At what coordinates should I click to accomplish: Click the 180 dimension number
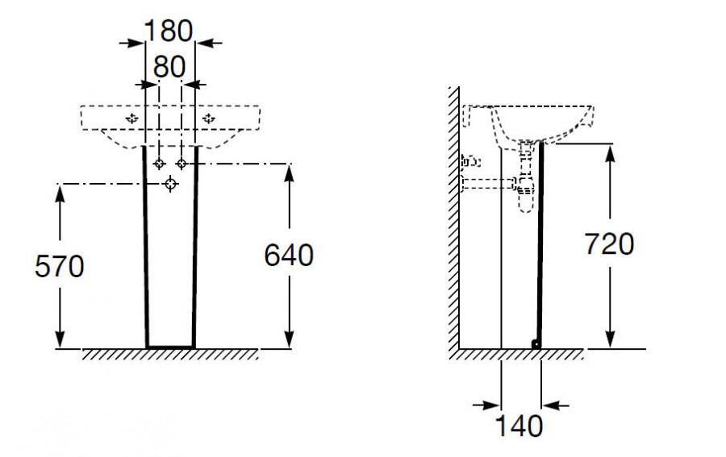click(x=168, y=31)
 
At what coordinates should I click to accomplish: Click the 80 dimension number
click(x=169, y=67)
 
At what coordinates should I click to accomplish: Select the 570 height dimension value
click(x=60, y=267)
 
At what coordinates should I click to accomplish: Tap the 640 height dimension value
click(x=289, y=255)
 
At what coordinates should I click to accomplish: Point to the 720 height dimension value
click(x=609, y=243)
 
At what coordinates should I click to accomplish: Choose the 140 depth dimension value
click(x=519, y=426)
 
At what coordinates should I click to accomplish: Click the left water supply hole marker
click(x=159, y=164)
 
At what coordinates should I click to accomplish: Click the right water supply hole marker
click(x=181, y=164)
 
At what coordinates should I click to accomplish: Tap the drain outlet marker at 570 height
click(x=171, y=184)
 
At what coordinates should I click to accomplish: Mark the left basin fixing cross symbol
click(x=132, y=118)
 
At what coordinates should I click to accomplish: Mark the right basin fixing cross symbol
click(x=209, y=118)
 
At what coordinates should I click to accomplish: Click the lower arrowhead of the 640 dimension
click(x=290, y=339)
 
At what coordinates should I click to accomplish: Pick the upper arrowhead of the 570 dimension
click(x=60, y=193)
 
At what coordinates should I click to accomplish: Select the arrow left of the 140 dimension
click(x=486, y=405)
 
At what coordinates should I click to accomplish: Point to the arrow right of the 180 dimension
click(x=209, y=43)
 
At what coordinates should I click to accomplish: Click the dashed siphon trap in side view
click(x=526, y=177)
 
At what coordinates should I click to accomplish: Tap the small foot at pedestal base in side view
click(x=536, y=343)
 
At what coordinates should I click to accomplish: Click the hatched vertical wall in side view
click(x=453, y=218)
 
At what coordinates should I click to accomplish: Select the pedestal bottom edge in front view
click(x=170, y=347)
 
